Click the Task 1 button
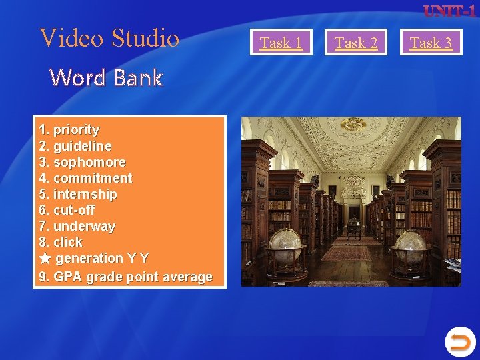281,43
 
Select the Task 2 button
356,43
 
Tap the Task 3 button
431,43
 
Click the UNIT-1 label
449,11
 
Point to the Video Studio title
110,38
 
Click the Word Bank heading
106,78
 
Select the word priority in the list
76,129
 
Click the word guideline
82,145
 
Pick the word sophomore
89,162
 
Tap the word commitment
93,178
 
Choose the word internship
85,194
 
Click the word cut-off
74,210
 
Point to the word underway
84,226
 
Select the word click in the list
67,242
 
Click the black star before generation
45,258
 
